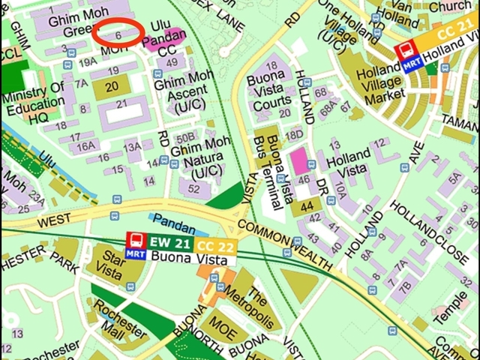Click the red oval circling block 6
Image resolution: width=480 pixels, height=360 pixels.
tap(118, 34)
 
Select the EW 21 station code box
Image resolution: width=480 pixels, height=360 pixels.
tap(169, 241)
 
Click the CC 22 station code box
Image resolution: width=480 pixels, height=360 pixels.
tap(215, 244)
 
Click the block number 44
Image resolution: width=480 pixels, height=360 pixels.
tap(306, 206)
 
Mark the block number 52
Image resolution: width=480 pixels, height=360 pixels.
tap(194, 189)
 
